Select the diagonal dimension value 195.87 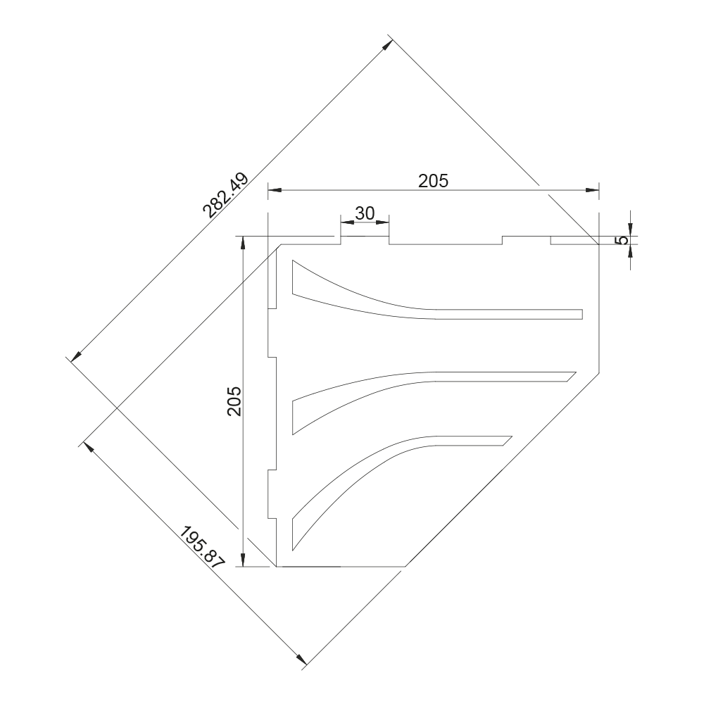pos(202,546)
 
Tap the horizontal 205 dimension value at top pos(433,181)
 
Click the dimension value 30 pos(365,213)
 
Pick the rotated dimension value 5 pos(622,240)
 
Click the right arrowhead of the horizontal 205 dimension pos(593,190)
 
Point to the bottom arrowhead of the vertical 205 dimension pos(242,560)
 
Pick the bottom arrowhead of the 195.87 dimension pos(303,660)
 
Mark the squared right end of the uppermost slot pos(582,314)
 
